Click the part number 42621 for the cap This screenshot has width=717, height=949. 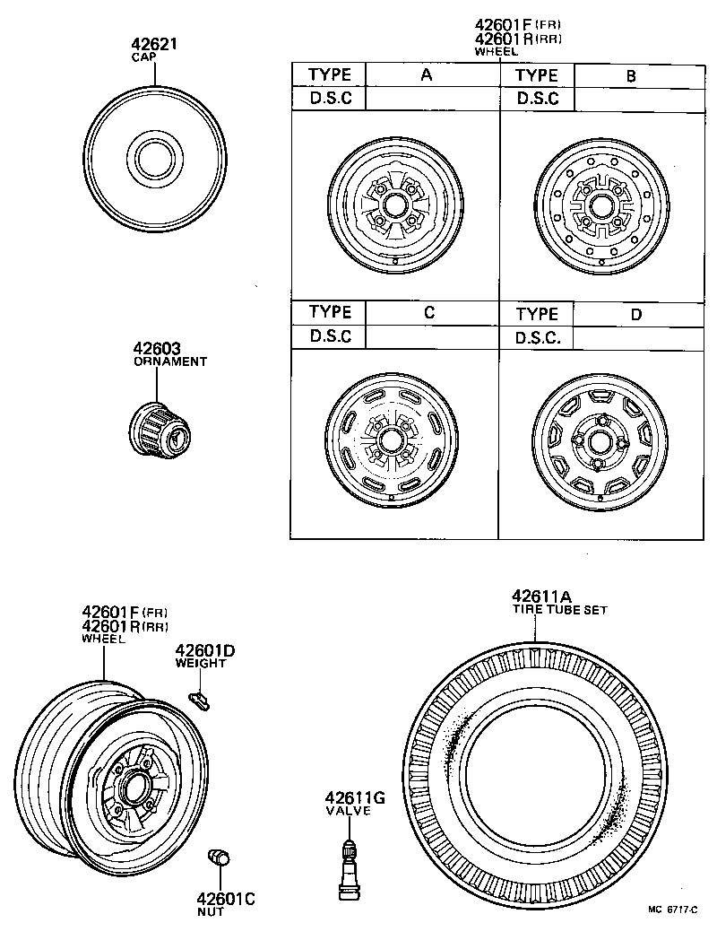click(156, 44)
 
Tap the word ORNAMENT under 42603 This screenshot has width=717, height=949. click(170, 361)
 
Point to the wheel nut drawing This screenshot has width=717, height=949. click(218, 858)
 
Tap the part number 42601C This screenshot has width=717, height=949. click(227, 898)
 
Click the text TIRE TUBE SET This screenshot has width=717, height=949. click(559, 610)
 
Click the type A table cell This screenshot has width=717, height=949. click(427, 75)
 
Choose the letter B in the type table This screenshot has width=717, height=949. click(631, 76)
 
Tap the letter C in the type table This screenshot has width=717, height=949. click(429, 312)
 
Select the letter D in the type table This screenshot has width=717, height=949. click(635, 314)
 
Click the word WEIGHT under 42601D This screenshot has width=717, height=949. click(201, 663)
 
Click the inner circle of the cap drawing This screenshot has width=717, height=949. click(156, 160)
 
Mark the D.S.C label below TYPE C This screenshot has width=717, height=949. click(330, 336)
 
